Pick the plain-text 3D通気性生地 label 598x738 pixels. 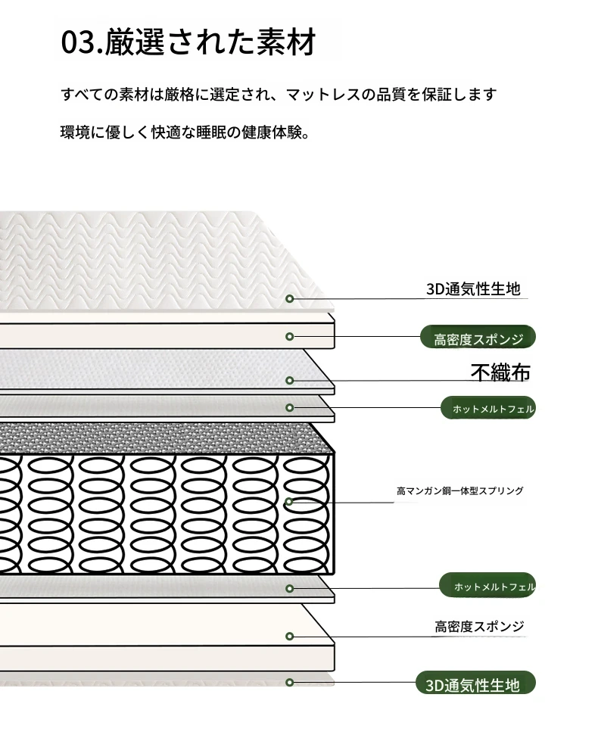tap(473, 288)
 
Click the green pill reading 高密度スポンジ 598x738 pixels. tap(478, 337)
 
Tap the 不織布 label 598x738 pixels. tap(500, 372)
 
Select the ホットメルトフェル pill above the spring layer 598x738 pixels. tap(488, 408)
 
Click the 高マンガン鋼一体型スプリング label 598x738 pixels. tap(460, 491)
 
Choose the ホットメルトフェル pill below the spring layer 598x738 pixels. tap(487, 586)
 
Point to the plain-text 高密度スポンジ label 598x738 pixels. tap(479, 626)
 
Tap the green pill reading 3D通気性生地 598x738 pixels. tap(475, 684)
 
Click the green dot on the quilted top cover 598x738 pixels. tap(290, 299)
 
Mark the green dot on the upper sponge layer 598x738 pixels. tap(290, 337)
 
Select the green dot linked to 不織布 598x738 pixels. tap(290, 380)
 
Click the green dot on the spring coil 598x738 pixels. tap(289, 502)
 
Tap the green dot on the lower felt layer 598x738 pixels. tap(290, 588)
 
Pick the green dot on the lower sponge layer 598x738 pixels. tap(290, 637)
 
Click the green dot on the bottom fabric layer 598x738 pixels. tap(290, 683)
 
